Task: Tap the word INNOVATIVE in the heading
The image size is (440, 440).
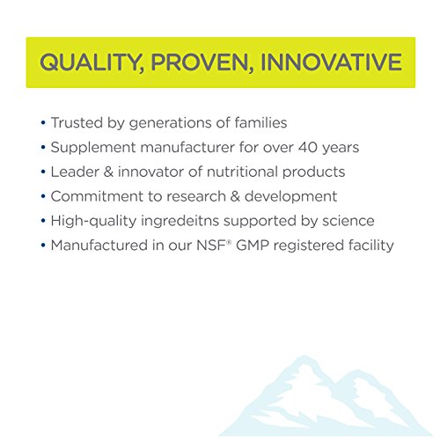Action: tap(332, 62)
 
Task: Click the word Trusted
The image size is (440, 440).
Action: tap(77, 122)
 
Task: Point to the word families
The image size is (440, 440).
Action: tap(260, 122)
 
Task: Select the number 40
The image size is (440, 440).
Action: tap(308, 147)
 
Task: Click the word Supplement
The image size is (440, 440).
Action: tap(93, 148)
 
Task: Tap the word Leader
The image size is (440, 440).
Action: tap(75, 172)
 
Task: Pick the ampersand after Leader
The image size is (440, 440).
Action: tap(108, 172)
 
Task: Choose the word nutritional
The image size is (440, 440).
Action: tap(242, 172)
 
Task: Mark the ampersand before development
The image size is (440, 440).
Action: tap(235, 196)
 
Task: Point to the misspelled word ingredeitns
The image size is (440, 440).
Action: tap(180, 221)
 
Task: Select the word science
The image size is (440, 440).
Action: tap(348, 221)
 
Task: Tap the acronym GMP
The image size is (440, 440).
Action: tap(253, 246)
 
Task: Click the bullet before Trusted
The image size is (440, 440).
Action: tap(43, 122)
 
